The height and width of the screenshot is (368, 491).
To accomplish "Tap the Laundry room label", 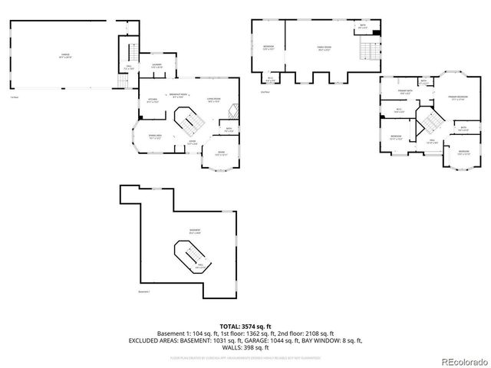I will coord(157,66).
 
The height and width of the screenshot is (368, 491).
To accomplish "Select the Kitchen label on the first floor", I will coord(152,100).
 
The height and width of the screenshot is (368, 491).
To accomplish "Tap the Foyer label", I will coord(193,142).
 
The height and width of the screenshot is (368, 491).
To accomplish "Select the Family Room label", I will coord(325,48).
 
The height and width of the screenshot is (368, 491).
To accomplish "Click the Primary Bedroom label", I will coord(458,97).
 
